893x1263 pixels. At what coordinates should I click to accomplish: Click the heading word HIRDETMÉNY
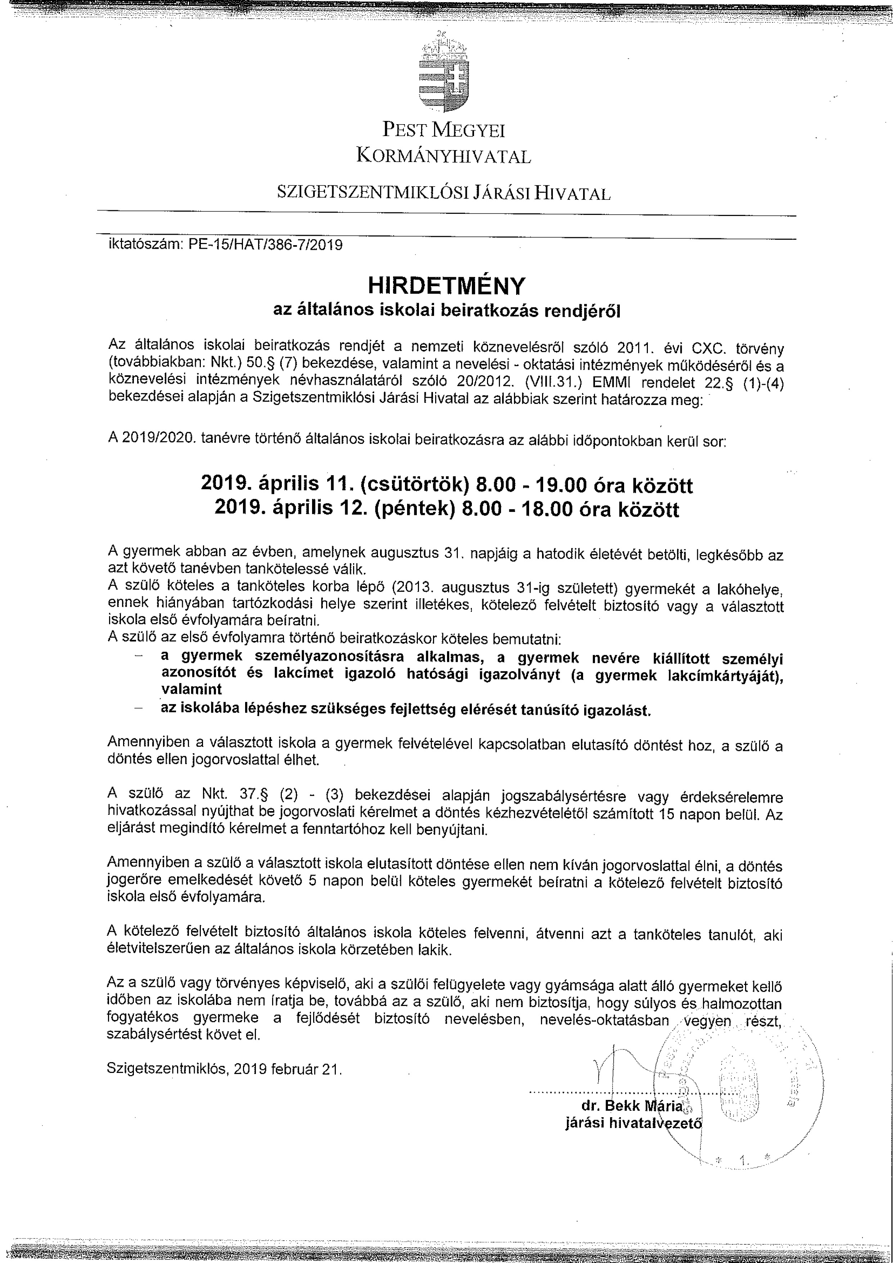pos(446,286)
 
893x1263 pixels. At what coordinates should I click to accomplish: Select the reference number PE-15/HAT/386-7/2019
pos(265,245)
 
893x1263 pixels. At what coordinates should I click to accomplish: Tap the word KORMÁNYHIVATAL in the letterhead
pos(443,157)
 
